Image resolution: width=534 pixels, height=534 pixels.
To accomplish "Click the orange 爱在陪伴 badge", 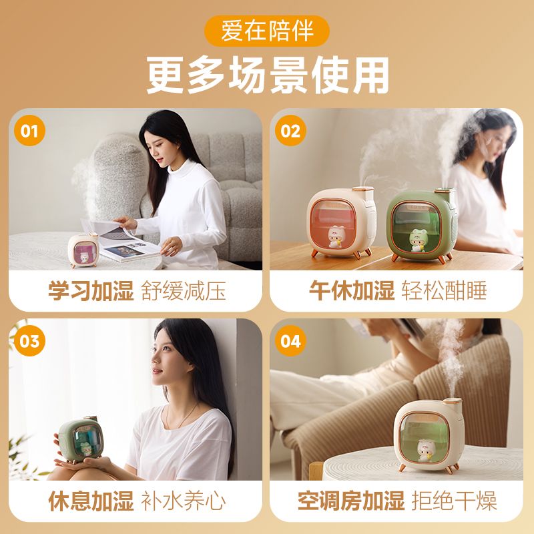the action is (x=266, y=31).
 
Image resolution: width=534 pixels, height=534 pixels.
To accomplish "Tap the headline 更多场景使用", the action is (x=268, y=75).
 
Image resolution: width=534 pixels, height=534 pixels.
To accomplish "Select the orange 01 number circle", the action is (x=29, y=131).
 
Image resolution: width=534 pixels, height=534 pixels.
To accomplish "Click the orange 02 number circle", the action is (x=290, y=131).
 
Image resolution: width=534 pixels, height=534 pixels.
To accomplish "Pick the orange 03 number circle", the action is (x=29, y=341).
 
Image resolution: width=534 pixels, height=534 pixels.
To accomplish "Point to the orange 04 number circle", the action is (x=290, y=341).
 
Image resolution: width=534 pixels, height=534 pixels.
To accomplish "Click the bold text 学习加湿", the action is (x=91, y=291).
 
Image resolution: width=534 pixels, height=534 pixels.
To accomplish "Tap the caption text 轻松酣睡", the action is (x=445, y=291).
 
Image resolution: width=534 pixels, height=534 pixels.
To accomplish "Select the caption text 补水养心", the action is (x=184, y=501).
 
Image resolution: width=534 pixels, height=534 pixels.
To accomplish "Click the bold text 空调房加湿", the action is (x=351, y=501).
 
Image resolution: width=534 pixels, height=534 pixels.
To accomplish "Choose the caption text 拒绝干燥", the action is (x=455, y=501).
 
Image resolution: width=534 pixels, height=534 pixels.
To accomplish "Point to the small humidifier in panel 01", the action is (x=83, y=250).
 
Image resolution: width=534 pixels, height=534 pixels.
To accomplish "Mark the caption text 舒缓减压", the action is (x=184, y=291).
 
